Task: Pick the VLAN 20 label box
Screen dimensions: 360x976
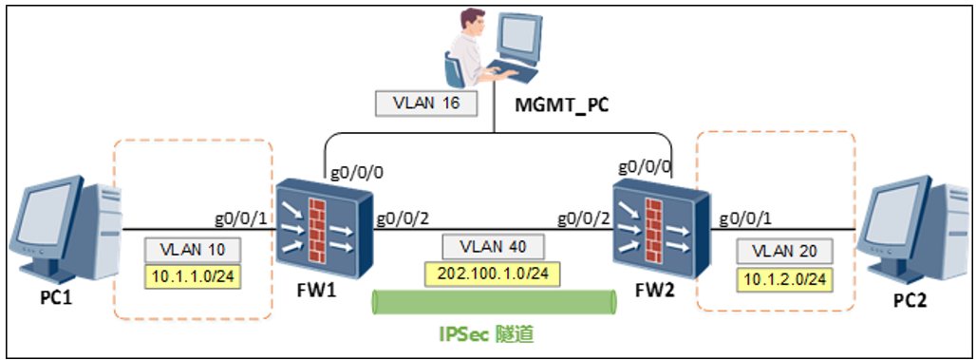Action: [x=784, y=252]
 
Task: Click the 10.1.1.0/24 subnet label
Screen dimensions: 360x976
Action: [x=194, y=277]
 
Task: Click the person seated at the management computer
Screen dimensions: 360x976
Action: [x=465, y=43]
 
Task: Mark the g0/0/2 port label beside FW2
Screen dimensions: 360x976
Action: [x=584, y=218]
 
